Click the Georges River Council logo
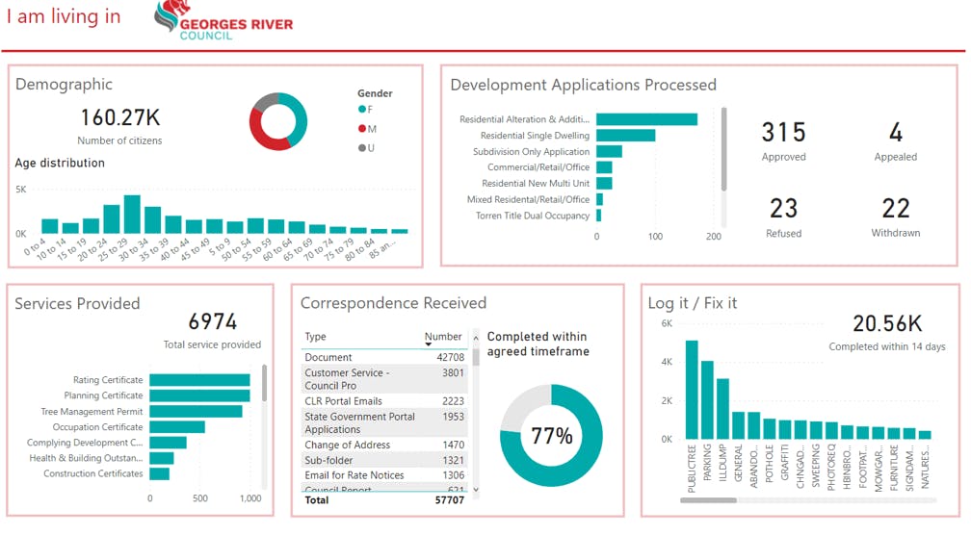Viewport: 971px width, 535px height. click(x=223, y=20)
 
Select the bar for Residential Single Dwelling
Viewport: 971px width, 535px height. click(x=625, y=136)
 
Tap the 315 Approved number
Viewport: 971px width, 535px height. click(x=783, y=132)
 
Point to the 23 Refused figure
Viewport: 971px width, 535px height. click(x=783, y=208)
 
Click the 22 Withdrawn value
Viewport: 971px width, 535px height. click(x=896, y=208)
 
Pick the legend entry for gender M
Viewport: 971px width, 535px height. click(x=367, y=128)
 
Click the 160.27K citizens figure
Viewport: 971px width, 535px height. click(x=119, y=117)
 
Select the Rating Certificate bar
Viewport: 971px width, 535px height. click(x=199, y=380)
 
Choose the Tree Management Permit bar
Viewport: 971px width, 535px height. click(x=196, y=412)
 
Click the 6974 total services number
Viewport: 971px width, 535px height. click(x=212, y=321)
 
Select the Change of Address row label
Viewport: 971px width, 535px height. click(x=347, y=446)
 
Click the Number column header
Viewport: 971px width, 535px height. click(x=443, y=337)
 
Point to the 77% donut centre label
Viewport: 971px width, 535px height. click(x=551, y=436)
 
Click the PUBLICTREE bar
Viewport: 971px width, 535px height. click(x=692, y=390)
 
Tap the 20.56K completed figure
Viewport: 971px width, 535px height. click(x=886, y=324)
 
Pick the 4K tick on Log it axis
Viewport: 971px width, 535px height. click(x=666, y=362)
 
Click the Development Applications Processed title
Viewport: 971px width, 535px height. click(x=583, y=85)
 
